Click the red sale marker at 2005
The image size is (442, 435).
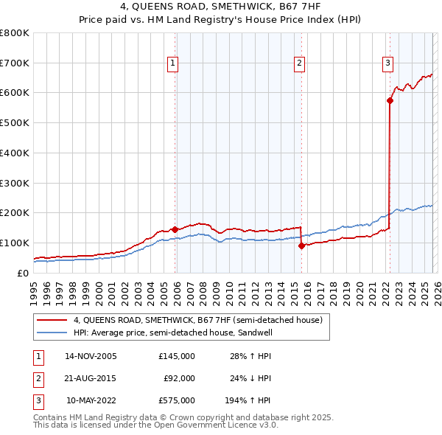click(175, 229)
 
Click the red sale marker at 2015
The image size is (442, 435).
click(301, 246)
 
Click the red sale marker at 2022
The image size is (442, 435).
click(389, 101)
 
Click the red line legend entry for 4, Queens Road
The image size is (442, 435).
click(197, 321)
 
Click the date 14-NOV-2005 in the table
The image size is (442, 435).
click(91, 356)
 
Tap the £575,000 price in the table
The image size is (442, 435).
click(176, 400)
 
